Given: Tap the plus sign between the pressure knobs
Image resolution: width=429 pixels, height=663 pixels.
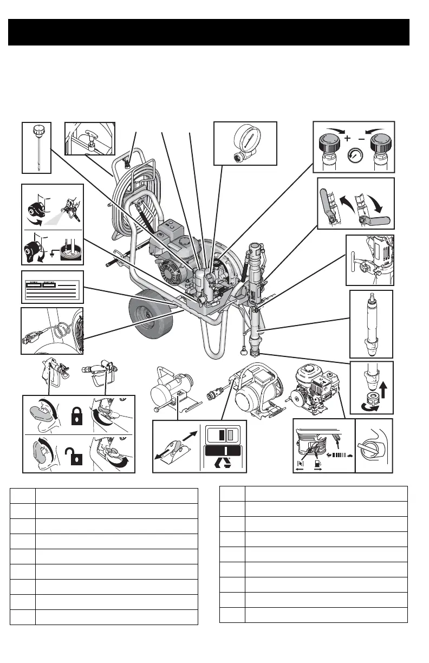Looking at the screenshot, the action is tap(347, 139).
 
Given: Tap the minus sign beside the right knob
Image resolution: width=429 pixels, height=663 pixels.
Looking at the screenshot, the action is tap(361, 139).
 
